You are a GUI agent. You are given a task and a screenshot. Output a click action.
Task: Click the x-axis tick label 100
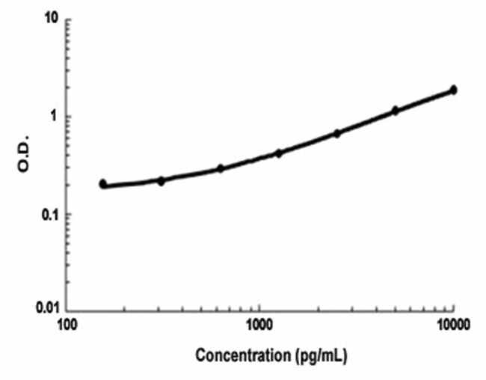67,327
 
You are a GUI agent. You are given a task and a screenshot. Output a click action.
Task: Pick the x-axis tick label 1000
259,327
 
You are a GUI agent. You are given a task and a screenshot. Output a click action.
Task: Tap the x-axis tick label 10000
452,327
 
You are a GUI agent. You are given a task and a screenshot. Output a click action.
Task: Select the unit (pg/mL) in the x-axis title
312,356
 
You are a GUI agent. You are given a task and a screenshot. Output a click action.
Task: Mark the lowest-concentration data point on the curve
103,183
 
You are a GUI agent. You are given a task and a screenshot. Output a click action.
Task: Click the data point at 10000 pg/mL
453,91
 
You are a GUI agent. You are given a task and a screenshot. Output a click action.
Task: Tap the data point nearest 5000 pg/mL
396,111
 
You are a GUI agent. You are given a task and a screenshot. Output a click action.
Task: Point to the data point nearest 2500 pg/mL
337,133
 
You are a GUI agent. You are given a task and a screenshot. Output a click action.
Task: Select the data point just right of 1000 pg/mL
279,153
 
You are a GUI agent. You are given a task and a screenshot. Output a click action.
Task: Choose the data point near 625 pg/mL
221,168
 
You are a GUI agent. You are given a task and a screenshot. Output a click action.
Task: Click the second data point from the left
161,180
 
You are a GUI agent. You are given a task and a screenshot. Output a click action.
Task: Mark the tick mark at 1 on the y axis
70,117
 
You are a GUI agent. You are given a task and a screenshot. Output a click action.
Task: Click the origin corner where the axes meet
67,310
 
